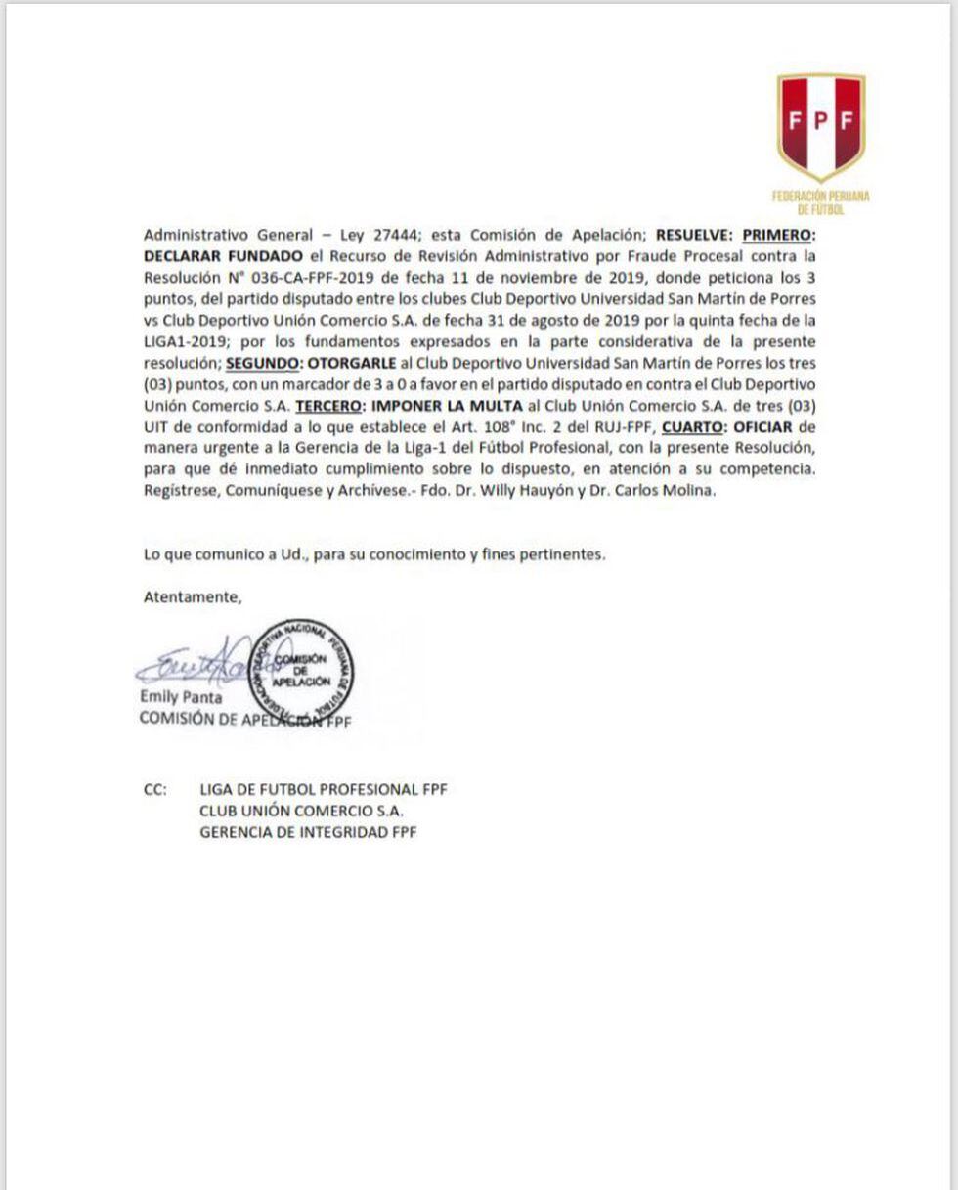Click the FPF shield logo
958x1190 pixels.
[x=820, y=126]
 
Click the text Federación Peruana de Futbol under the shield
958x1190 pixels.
[x=820, y=202]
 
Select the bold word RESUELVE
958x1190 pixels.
[x=693, y=235]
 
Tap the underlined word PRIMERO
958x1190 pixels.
[x=778, y=235]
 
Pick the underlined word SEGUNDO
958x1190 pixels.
[x=263, y=363]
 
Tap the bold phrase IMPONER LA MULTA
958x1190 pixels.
[x=448, y=406]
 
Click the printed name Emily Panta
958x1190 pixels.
[x=181, y=698]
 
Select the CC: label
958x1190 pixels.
[x=155, y=789]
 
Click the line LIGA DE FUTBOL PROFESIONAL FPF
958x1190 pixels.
[x=323, y=789]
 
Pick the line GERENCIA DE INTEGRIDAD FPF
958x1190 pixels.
[x=308, y=832]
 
